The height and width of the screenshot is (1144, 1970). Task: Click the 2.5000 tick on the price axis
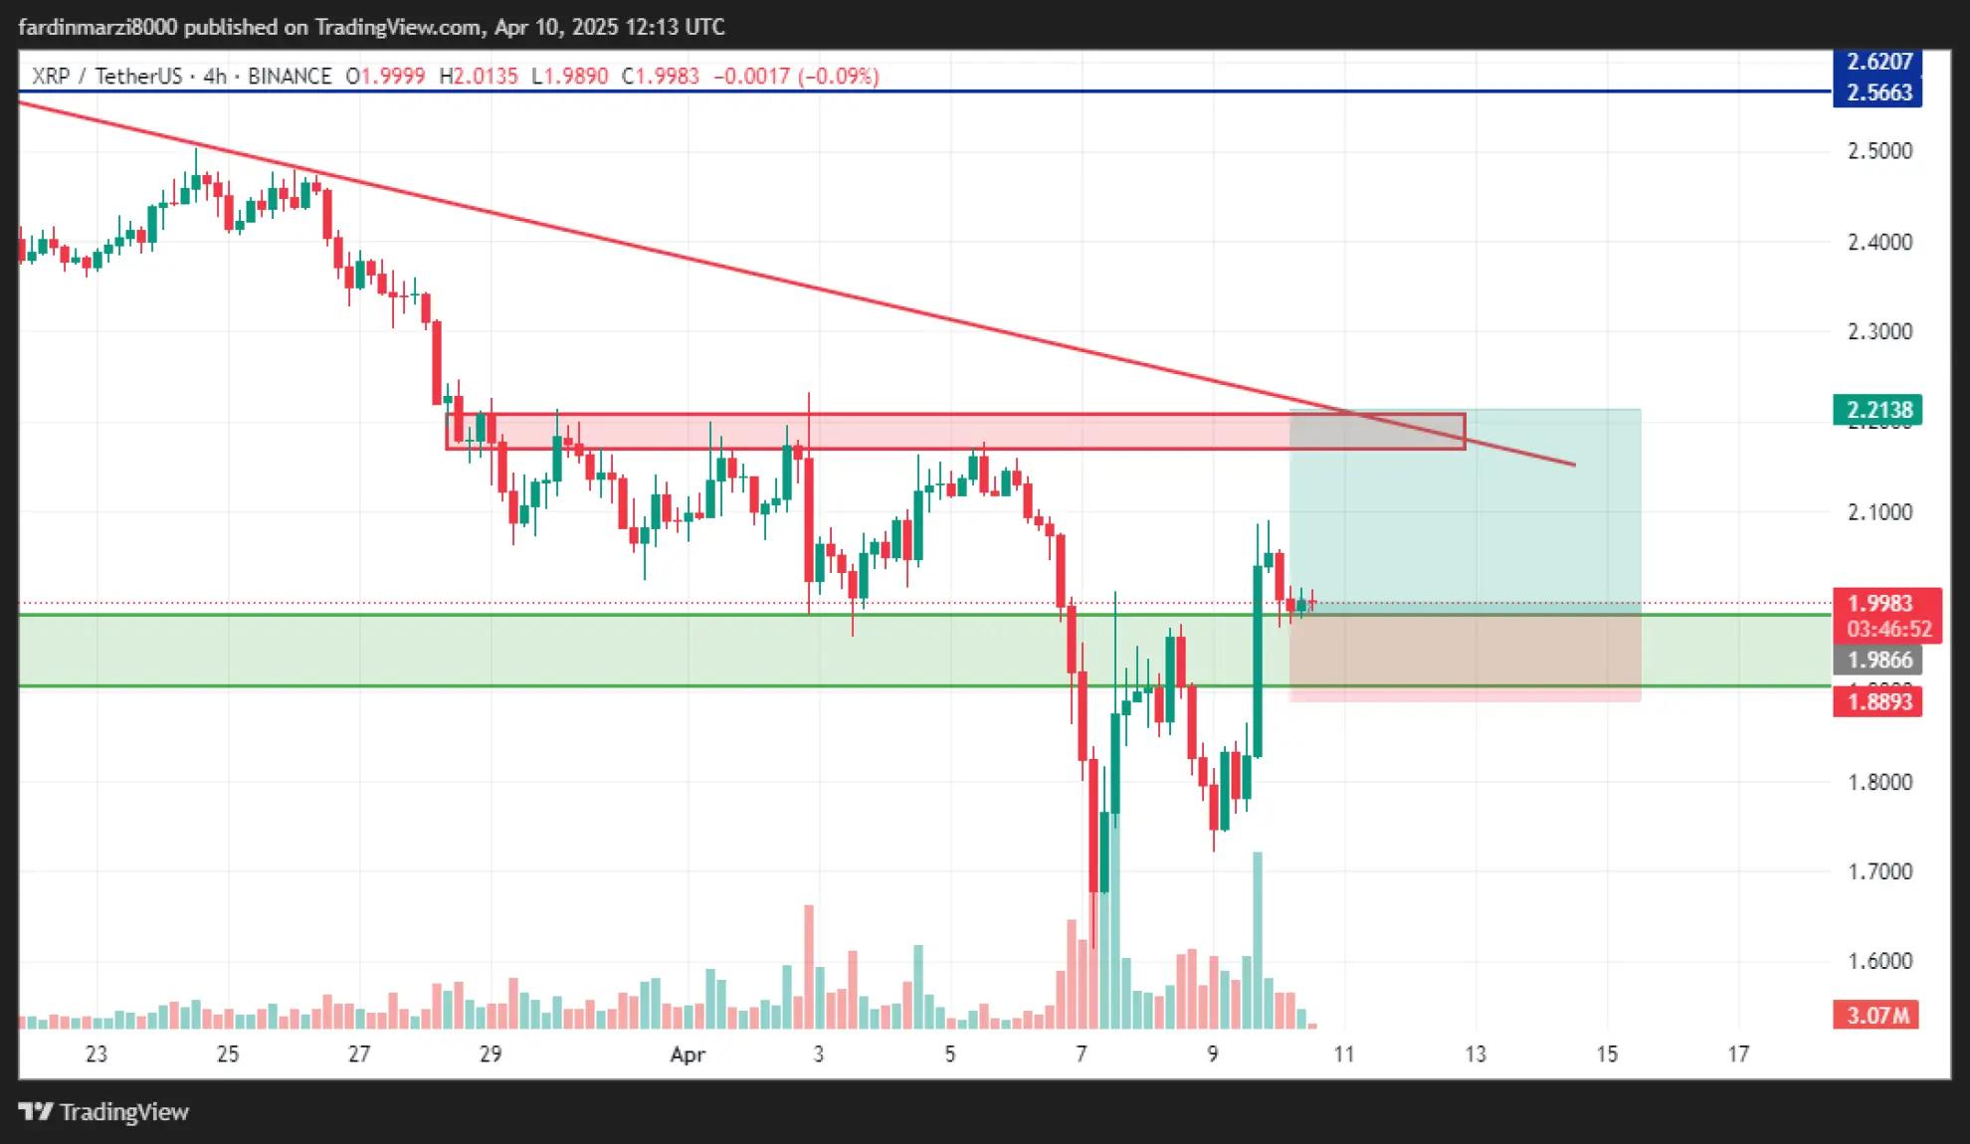(1879, 151)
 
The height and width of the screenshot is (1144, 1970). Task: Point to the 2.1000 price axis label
(1879, 512)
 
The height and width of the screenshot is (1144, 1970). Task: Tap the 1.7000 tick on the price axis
(1879, 872)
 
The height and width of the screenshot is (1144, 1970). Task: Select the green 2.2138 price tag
(1878, 410)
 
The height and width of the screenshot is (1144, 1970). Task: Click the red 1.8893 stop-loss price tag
(1878, 702)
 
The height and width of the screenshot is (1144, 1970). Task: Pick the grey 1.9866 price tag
(1878, 661)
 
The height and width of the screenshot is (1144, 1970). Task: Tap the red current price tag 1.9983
(1886, 604)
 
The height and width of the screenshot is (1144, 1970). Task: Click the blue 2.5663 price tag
(1878, 93)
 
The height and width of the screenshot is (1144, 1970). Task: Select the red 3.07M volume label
(1876, 1016)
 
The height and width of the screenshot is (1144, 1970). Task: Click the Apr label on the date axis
(688, 1054)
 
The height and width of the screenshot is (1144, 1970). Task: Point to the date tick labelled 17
(1738, 1054)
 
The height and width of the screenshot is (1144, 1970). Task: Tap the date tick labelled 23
(97, 1054)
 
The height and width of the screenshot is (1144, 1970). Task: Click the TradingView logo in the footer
(104, 1112)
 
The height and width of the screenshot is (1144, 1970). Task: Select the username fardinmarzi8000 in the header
(98, 27)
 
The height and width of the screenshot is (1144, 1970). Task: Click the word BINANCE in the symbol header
(290, 77)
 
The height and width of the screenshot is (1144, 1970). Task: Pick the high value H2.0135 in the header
(479, 77)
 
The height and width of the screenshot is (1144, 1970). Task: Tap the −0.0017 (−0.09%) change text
(796, 77)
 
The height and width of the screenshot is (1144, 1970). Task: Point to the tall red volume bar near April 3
(809, 965)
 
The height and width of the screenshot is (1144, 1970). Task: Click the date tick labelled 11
(1344, 1054)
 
